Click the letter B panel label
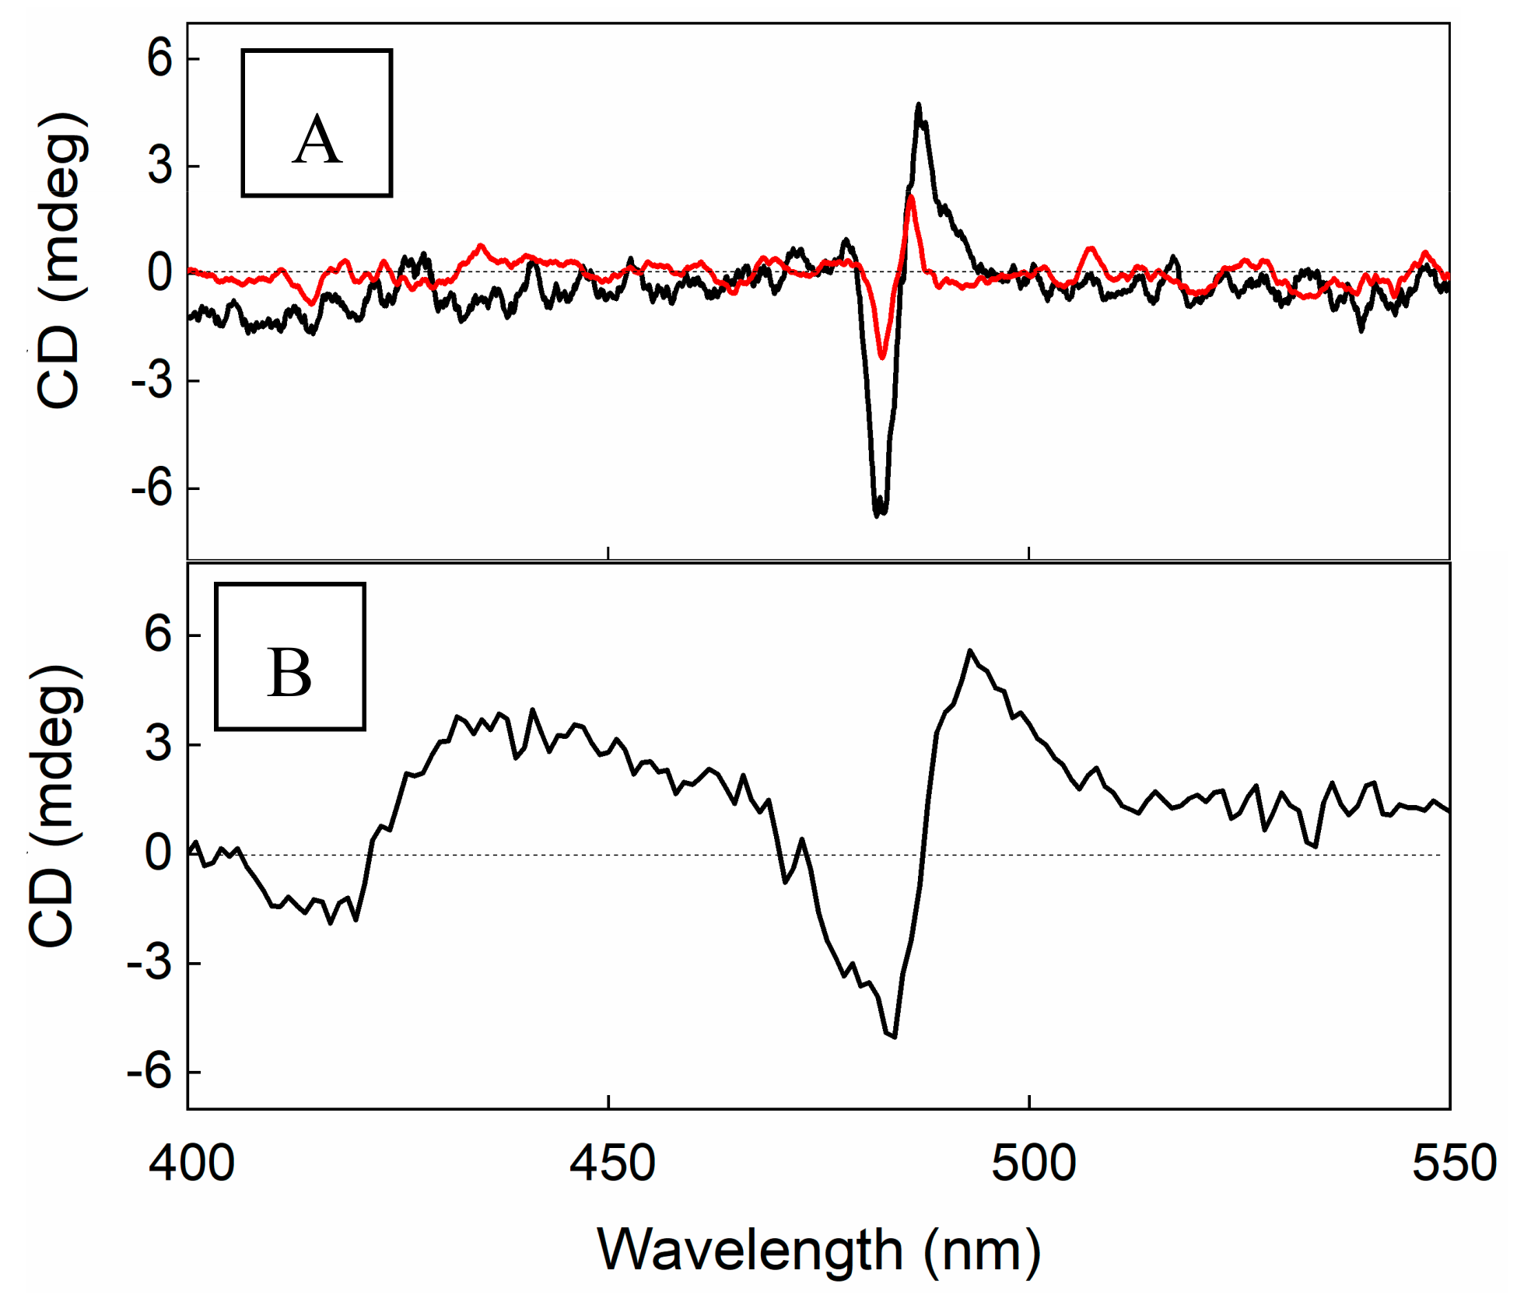(289, 673)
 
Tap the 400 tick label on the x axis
(191, 1164)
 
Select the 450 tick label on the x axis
(612, 1164)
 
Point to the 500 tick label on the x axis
(1033, 1164)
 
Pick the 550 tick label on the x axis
(1454, 1164)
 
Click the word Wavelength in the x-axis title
(749, 1250)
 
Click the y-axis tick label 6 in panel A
(159, 58)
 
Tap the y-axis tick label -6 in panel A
(152, 488)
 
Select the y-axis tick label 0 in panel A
(159, 273)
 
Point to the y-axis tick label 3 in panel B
(158, 744)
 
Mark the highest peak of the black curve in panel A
(919, 104)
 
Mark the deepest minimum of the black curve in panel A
(878, 514)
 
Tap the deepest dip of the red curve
(882, 357)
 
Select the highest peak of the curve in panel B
(969, 650)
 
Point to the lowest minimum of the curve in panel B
(895, 1036)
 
